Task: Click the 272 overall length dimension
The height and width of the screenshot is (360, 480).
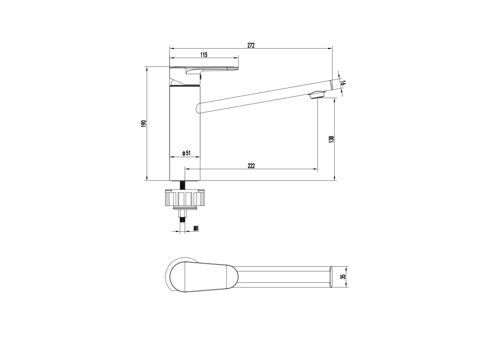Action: pyautogui.click(x=251, y=45)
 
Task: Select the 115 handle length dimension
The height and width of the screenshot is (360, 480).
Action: pyautogui.click(x=204, y=55)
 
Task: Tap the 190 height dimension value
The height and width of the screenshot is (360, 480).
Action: pyautogui.click(x=144, y=124)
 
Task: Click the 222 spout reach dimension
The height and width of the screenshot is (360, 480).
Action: pyautogui.click(x=251, y=166)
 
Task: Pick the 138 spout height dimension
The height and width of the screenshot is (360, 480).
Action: pyautogui.click(x=331, y=139)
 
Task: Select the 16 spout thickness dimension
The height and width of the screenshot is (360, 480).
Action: pyautogui.click(x=343, y=83)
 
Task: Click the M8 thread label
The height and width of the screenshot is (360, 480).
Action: pyautogui.click(x=196, y=228)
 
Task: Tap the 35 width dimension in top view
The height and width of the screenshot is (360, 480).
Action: pyautogui.click(x=343, y=277)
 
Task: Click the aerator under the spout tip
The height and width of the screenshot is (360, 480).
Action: pyautogui.click(x=316, y=95)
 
